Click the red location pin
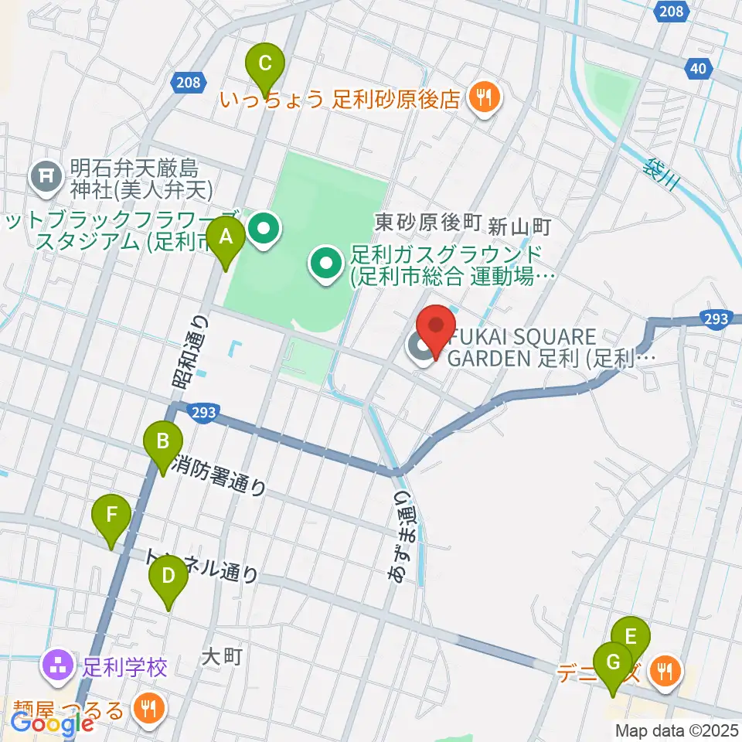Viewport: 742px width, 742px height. [436, 330]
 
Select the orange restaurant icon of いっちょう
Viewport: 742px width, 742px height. [485, 97]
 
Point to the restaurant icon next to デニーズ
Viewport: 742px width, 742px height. [664, 670]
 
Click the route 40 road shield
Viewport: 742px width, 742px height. [698, 70]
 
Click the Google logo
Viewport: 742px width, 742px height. [53, 724]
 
